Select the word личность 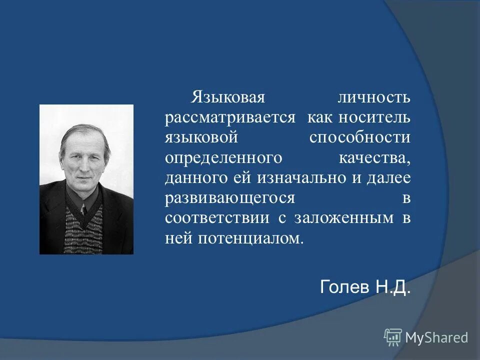(x=374, y=97)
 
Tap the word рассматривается (x=231, y=117)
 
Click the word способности (x=359, y=137)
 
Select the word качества (x=374, y=157)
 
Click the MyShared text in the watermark (x=436, y=337)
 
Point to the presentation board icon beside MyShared (x=393, y=337)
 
